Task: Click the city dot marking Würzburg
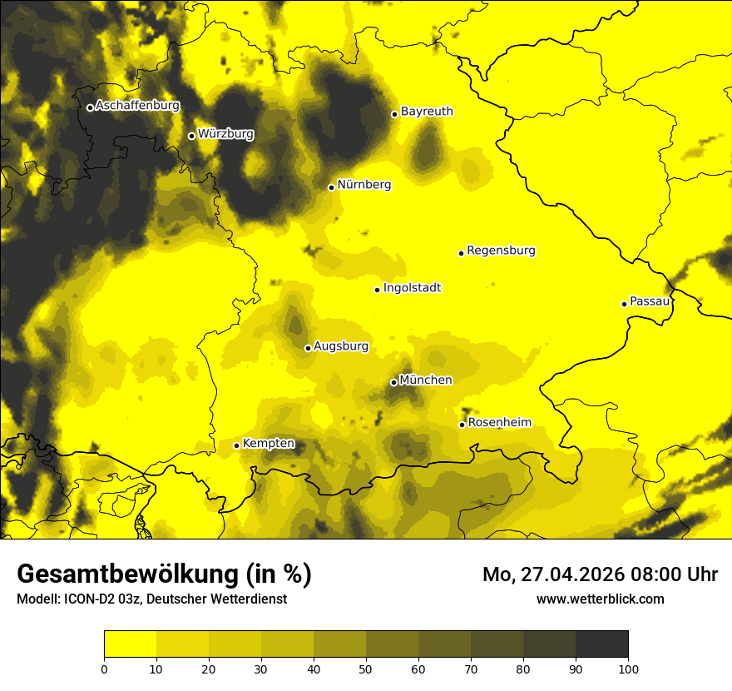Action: (191, 136)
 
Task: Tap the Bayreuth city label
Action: (427, 111)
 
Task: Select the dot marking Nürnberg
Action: (331, 187)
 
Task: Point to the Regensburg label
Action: (501, 251)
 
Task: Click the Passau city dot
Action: (624, 304)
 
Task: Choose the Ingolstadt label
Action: (412, 288)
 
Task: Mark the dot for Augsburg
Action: (308, 348)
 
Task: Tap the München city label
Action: (426, 380)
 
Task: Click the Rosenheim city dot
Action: (462, 425)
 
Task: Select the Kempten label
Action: (268, 443)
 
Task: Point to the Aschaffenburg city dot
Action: (90, 107)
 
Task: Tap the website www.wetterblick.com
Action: (601, 599)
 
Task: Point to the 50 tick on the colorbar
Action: (366, 669)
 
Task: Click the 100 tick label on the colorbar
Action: (628, 669)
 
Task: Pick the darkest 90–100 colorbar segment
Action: (601, 644)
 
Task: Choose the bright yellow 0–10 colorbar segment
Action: (130, 644)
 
